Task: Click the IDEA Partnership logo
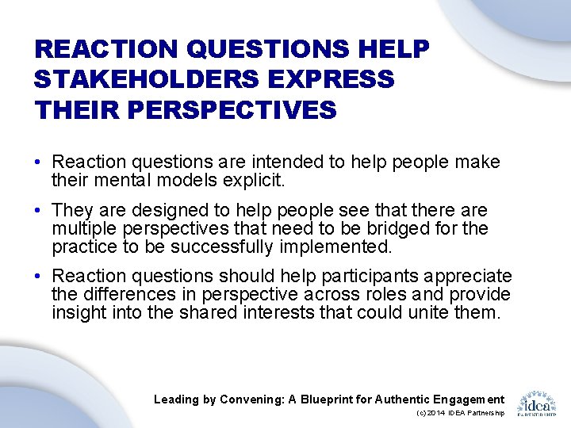(537, 403)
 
